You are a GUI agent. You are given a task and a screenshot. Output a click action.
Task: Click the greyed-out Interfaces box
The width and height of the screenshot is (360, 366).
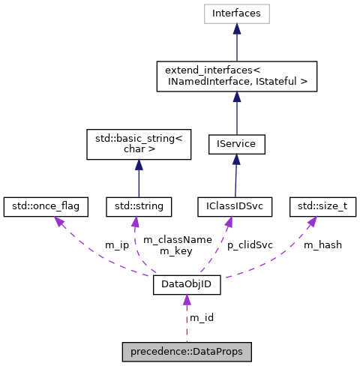(x=236, y=13)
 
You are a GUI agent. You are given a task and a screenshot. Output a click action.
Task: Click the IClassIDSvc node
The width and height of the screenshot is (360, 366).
(x=236, y=204)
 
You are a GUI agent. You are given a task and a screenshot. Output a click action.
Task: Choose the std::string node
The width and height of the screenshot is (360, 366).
(x=139, y=204)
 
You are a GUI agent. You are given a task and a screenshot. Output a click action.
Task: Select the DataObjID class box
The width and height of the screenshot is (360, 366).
(x=187, y=285)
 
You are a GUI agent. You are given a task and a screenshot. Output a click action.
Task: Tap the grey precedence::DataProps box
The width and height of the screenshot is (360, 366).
(x=187, y=351)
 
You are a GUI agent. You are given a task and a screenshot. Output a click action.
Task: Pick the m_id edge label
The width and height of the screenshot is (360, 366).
(x=201, y=318)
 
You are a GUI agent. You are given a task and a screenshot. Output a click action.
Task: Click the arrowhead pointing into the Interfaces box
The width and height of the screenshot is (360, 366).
(x=236, y=28)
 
